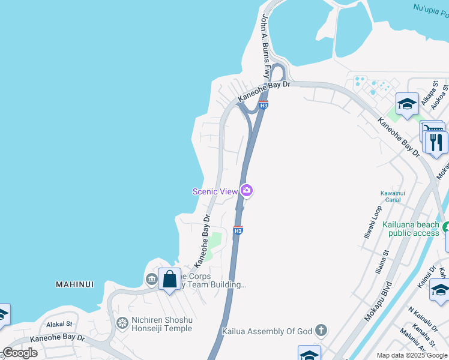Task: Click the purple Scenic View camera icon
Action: [247, 191]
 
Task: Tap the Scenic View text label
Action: [215, 191]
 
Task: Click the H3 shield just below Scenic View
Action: [238, 230]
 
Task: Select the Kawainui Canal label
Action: [390, 196]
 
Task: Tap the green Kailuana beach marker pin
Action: [446, 227]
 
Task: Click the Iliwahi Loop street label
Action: [373, 222]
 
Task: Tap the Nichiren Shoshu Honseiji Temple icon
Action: [122, 324]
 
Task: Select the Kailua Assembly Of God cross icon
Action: [321, 330]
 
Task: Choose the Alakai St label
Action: [59, 324]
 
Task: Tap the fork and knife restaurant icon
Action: [436, 143]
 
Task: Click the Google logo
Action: [20, 353]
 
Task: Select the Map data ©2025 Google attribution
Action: [412, 355]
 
